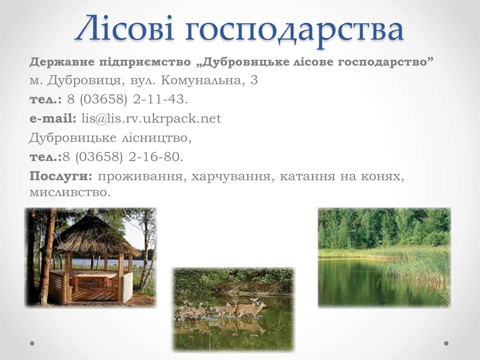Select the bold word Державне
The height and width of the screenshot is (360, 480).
[x=62, y=62]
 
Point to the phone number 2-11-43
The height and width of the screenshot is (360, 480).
[x=160, y=100]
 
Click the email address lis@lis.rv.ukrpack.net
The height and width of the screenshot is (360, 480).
[x=151, y=119]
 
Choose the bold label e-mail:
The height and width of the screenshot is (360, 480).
[x=53, y=118]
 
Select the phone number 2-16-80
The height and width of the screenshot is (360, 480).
[x=155, y=157]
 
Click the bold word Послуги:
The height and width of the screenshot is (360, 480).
[x=61, y=176]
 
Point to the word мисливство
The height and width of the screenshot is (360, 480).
[x=70, y=193]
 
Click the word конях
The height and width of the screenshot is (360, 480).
[x=382, y=177]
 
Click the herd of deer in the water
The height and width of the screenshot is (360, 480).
[x=221, y=308]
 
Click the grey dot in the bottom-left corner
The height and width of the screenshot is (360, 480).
[x=32, y=343]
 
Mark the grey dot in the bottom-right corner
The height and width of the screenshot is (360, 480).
[x=446, y=343]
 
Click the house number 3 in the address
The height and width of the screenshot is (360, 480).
[x=254, y=80]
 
